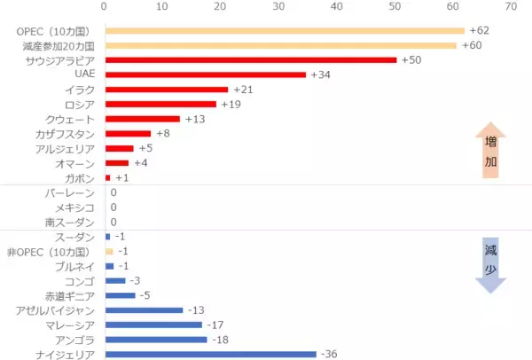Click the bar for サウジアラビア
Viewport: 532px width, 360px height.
pos(251,60)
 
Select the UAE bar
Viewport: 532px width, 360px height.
pos(205,74)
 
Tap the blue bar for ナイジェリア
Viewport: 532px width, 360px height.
pos(210,354)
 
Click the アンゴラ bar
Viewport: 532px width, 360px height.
pos(155,339)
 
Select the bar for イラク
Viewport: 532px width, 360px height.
pos(167,90)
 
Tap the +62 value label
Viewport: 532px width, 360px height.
pos(480,31)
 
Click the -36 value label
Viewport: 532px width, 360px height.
pos(330,354)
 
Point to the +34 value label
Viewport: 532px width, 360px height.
pos(320,74)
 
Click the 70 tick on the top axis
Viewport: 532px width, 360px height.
pos(510,7)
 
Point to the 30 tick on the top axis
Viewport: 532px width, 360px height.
pos(278,7)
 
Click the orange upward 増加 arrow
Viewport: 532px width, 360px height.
pos(489,151)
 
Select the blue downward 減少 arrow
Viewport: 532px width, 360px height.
pos(489,262)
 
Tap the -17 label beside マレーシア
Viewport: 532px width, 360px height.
pos(215,325)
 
